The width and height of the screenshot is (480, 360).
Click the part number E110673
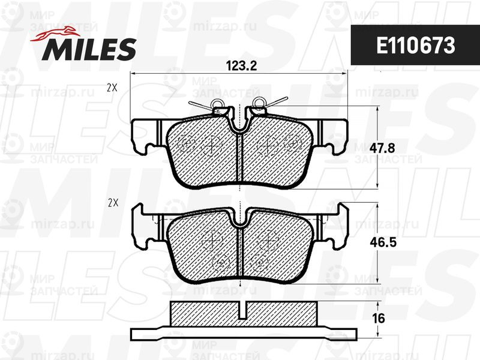415,46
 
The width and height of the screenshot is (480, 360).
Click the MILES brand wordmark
89,49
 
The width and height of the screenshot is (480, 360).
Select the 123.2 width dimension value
241,66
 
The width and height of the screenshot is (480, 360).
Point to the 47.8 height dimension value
382,148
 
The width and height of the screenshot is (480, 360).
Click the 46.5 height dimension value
383,242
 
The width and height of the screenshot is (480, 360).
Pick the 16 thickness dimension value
379,319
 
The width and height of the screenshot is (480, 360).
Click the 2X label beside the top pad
112,88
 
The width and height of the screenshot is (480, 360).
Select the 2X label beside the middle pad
113,203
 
